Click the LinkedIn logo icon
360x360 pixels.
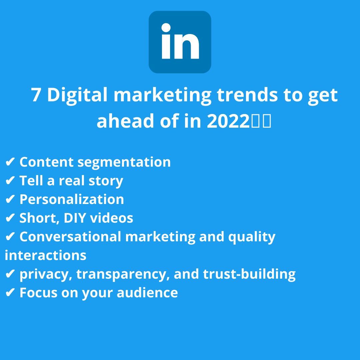point(180,42)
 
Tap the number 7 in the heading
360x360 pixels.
point(36,95)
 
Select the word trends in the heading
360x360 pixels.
point(247,95)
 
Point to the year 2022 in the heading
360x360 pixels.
point(228,121)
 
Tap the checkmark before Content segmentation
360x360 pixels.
point(10,162)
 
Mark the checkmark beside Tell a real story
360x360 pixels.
point(10,180)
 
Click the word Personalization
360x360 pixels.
point(72,199)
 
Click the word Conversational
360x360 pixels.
point(70,236)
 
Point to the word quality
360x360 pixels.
point(252,237)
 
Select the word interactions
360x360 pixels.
point(45,255)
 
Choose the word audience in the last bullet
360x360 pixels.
point(147,293)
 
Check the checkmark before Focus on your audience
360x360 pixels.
point(10,293)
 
